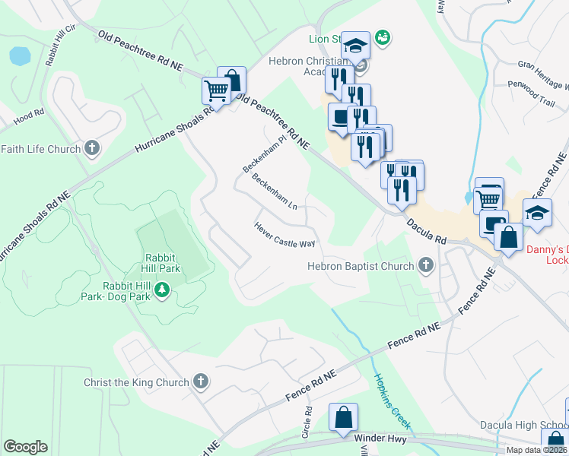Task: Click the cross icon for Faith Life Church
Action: pyautogui.click(x=93, y=148)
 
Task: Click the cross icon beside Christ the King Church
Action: pyautogui.click(x=201, y=382)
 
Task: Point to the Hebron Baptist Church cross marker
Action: pyautogui.click(x=426, y=265)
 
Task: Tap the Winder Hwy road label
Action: pyautogui.click(x=380, y=438)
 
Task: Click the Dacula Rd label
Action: pyautogui.click(x=426, y=229)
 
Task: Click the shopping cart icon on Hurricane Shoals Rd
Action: pyautogui.click(x=216, y=92)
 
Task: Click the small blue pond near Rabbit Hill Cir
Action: pyautogui.click(x=20, y=55)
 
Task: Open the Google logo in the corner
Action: pyautogui.click(x=24, y=447)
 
